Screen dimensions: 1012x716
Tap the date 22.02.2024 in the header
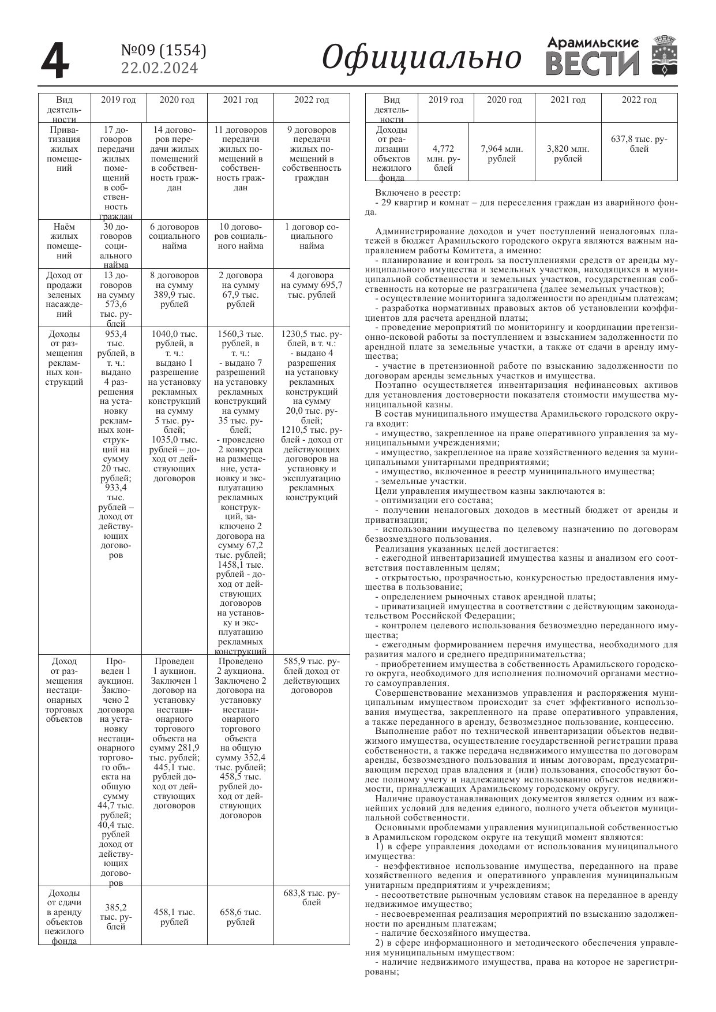point(159,68)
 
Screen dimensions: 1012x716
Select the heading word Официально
point(421,58)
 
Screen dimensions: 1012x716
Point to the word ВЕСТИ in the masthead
point(592,64)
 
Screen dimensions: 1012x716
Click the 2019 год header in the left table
point(118,100)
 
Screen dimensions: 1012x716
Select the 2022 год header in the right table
point(639,100)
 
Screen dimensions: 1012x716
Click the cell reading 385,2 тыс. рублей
point(116,916)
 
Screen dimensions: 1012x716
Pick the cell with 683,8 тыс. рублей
point(312,898)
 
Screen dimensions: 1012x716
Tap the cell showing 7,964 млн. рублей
point(501,153)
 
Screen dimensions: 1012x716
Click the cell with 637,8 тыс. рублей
point(639,144)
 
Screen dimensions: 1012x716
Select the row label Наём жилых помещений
point(65,241)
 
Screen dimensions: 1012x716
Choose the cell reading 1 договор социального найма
point(312,236)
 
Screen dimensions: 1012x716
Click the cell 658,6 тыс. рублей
point(241,917)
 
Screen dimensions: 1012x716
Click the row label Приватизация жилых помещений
point(65,149)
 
